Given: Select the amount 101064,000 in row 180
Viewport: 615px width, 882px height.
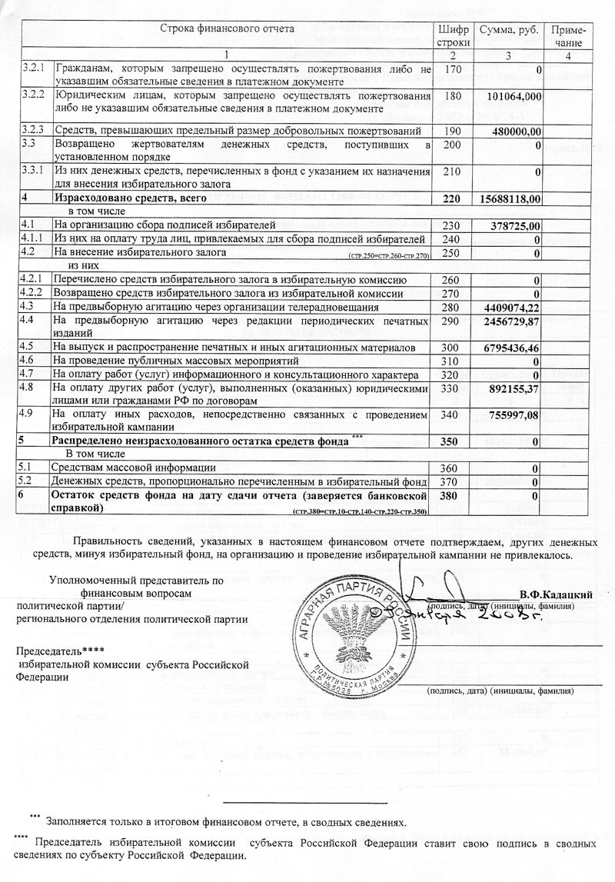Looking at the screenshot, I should (514, 96).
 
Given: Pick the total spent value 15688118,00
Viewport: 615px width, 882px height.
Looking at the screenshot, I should (511, 198).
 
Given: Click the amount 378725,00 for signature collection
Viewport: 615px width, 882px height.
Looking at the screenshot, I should (517, 226).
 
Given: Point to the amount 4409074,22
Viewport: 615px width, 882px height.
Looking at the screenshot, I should (514, 307).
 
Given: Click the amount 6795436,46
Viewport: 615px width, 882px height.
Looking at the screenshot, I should (514, 348).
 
